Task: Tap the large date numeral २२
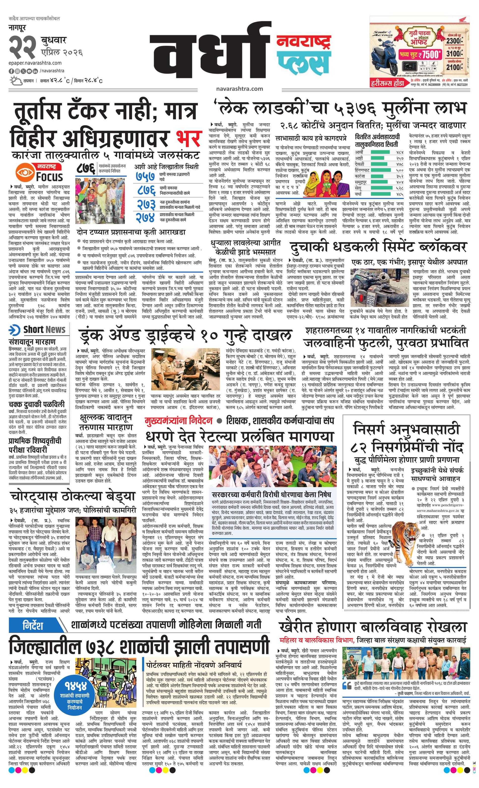pos(22,47)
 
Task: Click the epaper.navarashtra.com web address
pos(35,63)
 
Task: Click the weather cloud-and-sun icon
pos(16,80)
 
